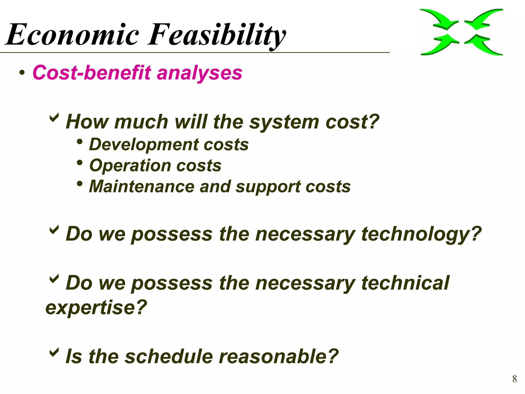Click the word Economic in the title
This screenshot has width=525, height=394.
click(73, 35)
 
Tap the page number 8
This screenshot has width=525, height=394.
click(514, 379)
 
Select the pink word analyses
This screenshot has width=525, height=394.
click(199, 73)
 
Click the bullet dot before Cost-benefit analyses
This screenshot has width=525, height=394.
click(22, 73)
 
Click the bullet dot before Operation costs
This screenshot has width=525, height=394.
click(80, 162)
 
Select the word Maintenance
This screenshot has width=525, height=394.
click(142, 186)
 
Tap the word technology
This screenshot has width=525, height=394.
click(421, 234)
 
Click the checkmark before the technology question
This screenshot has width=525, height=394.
click(54, 230)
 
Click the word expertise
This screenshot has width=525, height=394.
click(96, 308)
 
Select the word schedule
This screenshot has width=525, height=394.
click(169, 357)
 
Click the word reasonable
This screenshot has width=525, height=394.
click(279, 357)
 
